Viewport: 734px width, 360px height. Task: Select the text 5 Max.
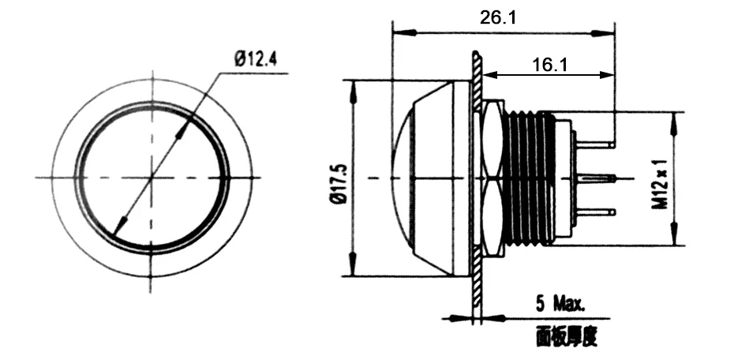click(x=561, y=304)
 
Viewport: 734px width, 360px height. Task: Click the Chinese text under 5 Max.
click(x=567, y=338)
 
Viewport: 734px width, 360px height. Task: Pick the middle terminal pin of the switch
click(x=597, y=177)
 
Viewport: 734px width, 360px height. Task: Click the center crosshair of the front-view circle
click(x=152, y=178)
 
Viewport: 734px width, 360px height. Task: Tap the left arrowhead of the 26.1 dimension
click(x=398, y=32)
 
